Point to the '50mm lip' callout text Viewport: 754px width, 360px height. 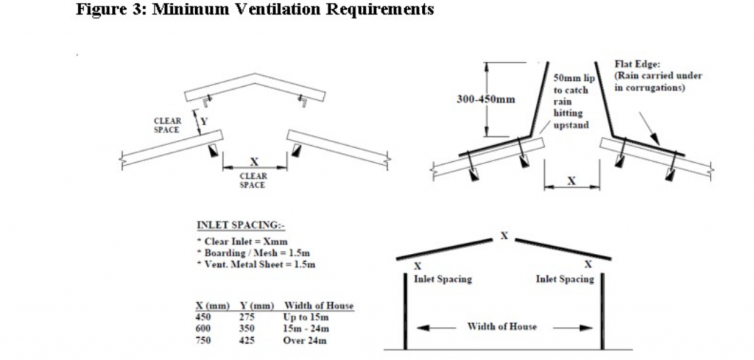(x=571, y=77)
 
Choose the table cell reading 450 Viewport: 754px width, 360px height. (x=203, y=317)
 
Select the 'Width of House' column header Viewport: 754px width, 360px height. (x=319, y=306)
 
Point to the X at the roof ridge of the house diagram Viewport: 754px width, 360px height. (x=504, y=236)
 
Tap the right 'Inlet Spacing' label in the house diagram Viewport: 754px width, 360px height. (x=565, y=279)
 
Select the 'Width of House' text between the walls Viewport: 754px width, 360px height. (x=502, y=326)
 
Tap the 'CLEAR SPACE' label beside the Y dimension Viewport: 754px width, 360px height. (x=166, y=124)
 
